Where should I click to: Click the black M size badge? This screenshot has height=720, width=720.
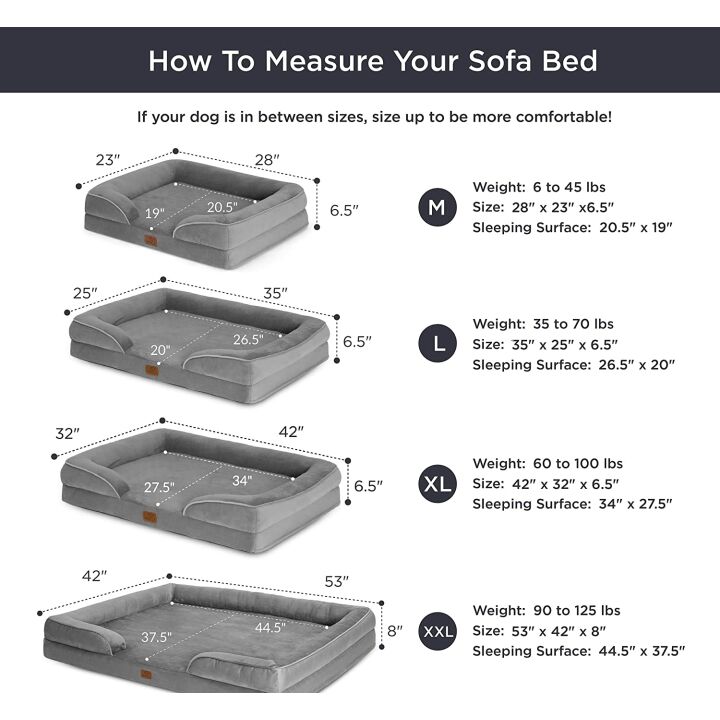pyautogui.click(x=437, y=207)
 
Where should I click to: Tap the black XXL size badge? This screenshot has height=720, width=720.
pyautogui.click(x=437, y=631)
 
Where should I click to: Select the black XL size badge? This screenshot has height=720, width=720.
pyautogui.click(x=437, y=485)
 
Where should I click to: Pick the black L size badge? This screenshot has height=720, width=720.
pyautogui.click(x=437, y=345)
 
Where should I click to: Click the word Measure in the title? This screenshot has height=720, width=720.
pyautogui.click(x=319, y=60)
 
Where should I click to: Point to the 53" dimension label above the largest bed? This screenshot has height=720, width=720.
pyautogui.click(x=336, y=581)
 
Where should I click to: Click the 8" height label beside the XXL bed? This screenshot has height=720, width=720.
pyautogui.click(x=394, y=631)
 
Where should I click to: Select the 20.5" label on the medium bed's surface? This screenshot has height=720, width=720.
pyautogui.click(x=222, y=207)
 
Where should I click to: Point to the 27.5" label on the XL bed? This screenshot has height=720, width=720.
pyautogui.click(x=158, y=487)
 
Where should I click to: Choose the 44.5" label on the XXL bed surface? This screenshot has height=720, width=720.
pyautogui.click(x=269, y=628)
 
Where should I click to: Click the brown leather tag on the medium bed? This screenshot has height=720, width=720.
pyautogui.click(x=150, y=241)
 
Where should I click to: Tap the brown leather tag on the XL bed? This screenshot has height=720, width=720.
pyautogui.click(x=149, y=519)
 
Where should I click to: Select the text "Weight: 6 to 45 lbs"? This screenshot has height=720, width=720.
pyautogui.click(x=538, y=187)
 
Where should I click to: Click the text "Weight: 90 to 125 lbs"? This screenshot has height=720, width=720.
pyautogui.click(x=546, y=610)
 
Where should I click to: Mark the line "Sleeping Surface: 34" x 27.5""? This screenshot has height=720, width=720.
pyautogui.click(x=572, y=504)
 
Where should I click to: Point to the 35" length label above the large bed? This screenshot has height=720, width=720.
pyautogui.click(x=276, y=293)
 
